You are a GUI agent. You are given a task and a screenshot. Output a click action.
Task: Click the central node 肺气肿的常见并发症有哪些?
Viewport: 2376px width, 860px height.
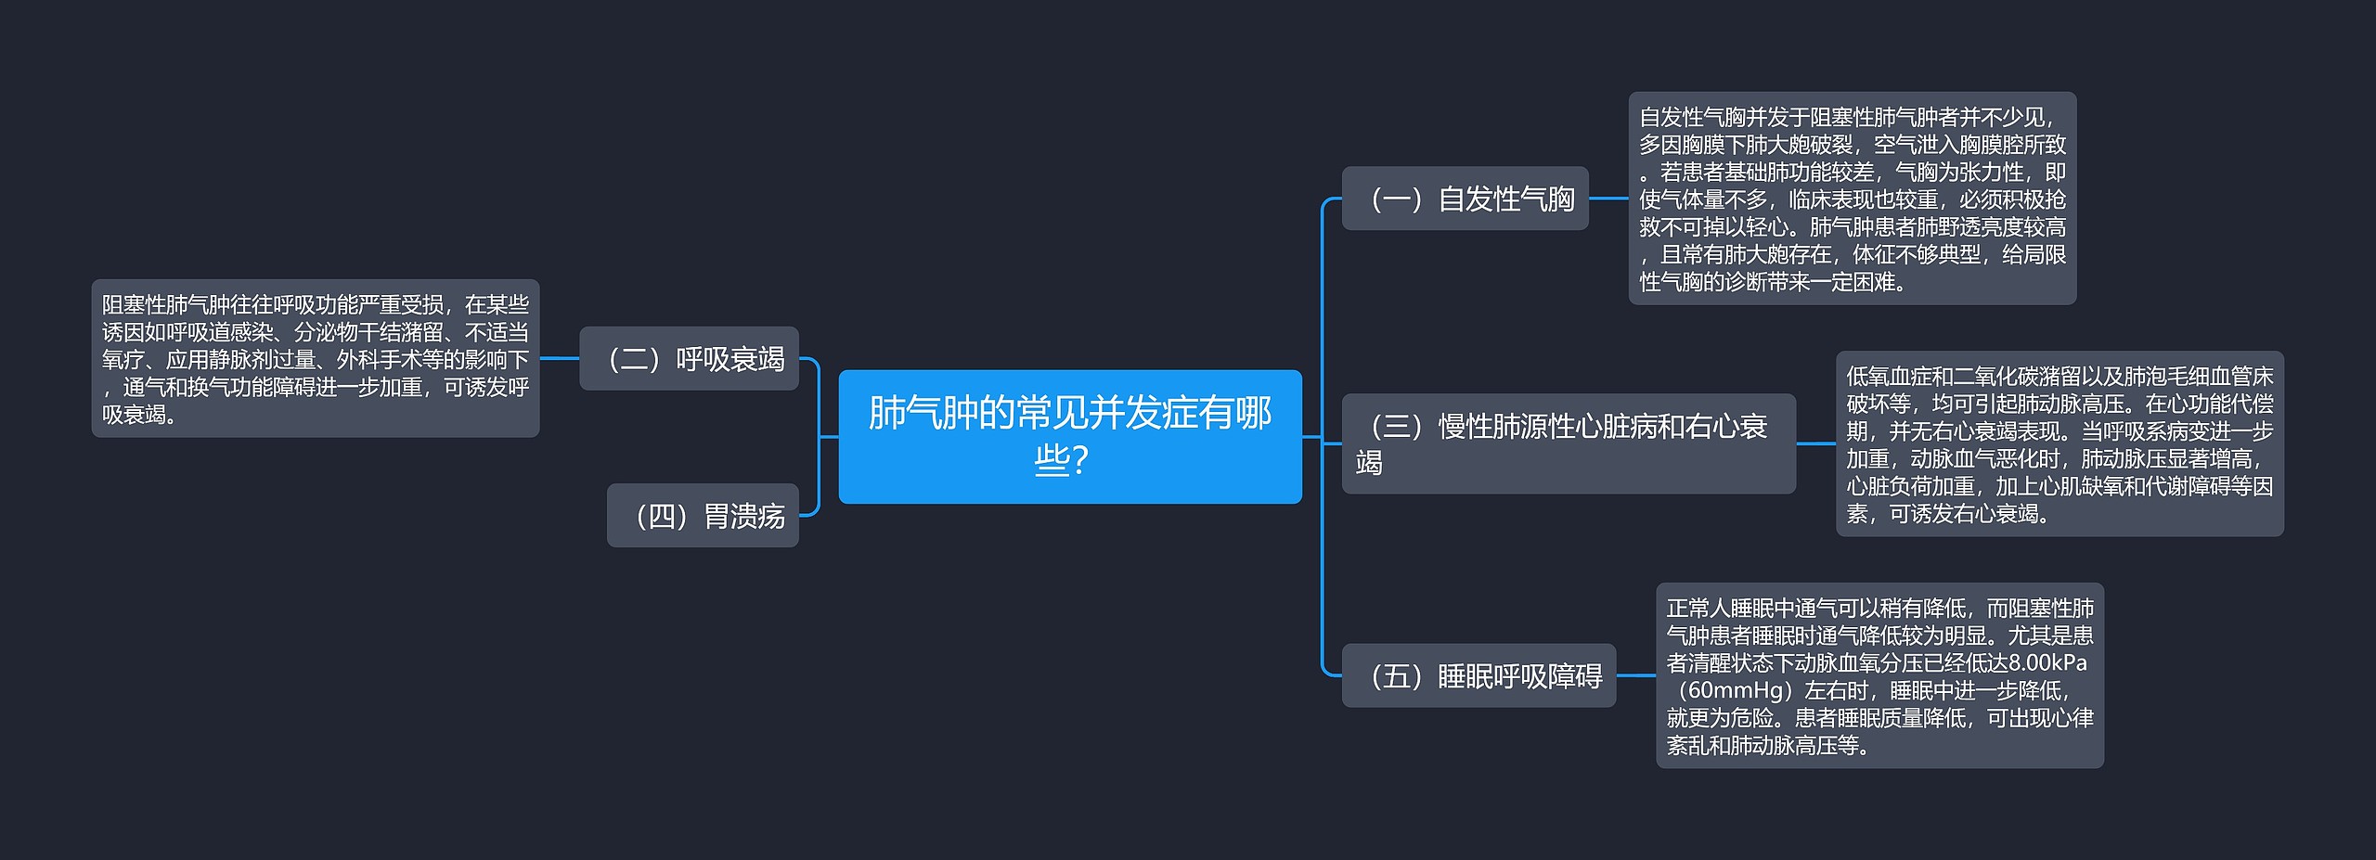[x=1069, y=436]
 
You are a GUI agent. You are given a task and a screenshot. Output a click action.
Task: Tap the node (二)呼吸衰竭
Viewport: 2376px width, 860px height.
[x=689, y=358]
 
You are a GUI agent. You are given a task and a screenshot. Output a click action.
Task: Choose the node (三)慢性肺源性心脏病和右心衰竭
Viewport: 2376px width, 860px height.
[x=1568, y=443]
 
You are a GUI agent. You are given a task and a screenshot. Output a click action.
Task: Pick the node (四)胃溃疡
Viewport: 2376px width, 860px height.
[x=703, y=515]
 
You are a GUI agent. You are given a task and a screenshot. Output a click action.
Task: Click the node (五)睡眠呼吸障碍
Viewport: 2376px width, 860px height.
[x=1479, y=675]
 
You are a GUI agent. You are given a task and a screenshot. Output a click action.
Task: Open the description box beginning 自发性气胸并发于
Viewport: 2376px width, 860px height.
[x=1852, y=199]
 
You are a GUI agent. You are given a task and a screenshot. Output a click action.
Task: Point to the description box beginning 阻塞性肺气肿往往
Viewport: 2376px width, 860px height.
[x=315, y=358]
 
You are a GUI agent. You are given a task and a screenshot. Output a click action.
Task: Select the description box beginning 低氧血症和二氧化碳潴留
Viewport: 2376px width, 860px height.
[x=2059, y=443]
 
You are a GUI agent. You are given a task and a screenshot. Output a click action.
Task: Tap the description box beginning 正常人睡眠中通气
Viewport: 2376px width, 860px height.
[x=1879, y=675]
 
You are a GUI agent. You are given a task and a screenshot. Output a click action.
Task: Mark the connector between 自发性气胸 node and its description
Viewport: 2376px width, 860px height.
[x=1608, y=198]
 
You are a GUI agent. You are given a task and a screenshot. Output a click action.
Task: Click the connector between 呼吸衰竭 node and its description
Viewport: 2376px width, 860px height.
[x=559, y=358]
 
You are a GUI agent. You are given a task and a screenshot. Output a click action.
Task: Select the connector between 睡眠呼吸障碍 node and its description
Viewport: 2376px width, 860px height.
[x=1635, y=675]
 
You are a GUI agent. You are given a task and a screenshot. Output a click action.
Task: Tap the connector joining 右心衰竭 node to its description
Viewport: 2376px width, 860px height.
[x=1815, y=443]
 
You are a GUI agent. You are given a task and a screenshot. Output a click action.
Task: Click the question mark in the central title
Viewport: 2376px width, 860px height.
[x=1078, y=460]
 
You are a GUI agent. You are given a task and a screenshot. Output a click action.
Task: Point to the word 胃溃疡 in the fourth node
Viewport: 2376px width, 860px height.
[x=744, y=516]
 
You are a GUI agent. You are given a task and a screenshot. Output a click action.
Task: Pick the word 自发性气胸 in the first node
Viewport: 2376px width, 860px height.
[x=1505, y=199]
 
